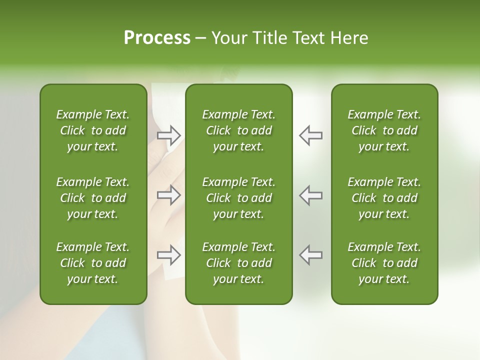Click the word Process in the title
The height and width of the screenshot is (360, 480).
click(x=157, y=38)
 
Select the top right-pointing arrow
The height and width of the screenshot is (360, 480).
click(x=169, y=134)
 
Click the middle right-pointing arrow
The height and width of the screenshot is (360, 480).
click(x=169, y=194)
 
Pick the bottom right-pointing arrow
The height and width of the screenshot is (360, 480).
click(x=169, y=255)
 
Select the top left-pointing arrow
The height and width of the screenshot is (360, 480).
click(x=310, y=134)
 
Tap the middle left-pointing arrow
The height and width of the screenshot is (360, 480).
click(x=310, y=194)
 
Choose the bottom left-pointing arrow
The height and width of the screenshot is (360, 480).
click(x=310, y=255)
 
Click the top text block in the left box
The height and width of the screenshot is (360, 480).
click(x=93, y=130)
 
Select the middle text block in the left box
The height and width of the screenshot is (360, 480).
click(x=93, y=197)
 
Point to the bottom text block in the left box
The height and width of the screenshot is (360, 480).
click(x=93, y=263)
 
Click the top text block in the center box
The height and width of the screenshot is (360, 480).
click(x=238, y=130)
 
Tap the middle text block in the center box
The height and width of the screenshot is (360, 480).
click(x=238, y=197)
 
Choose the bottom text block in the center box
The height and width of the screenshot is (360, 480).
click(x=238, y=263)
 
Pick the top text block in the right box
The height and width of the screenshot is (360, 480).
click(x=384, y=130)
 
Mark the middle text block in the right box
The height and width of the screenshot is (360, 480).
click(x=384, y=197)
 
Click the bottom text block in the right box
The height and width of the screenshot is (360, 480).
click(x=384, y=263)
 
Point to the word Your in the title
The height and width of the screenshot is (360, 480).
click(x=228, y=38)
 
